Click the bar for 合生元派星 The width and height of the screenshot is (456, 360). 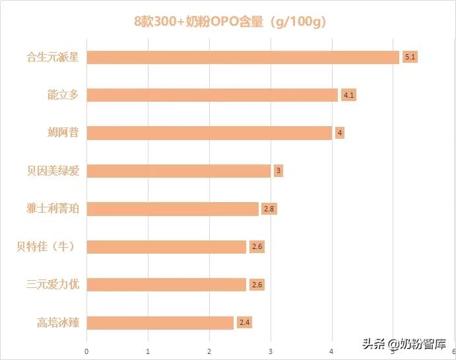click(243, 57)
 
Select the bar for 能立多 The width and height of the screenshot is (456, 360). click(212, 95)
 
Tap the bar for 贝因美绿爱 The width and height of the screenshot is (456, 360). click(178, 171)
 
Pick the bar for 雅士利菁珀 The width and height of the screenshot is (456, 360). click(172, 209)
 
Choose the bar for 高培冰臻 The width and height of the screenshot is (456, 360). click(160, 323)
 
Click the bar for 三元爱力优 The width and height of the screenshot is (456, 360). click(166, 285)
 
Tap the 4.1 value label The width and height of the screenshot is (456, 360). click(348, 95)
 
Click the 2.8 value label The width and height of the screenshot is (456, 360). click(269, 209)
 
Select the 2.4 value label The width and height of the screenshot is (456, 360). click(244, 323)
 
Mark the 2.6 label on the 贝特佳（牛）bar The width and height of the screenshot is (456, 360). click(257, 247)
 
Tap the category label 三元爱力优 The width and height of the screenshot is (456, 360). click(53, 285)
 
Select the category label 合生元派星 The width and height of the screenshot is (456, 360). click(53, 57)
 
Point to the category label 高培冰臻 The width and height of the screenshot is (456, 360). click(58, 323)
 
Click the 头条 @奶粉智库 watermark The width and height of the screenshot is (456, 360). click(404, 344)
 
